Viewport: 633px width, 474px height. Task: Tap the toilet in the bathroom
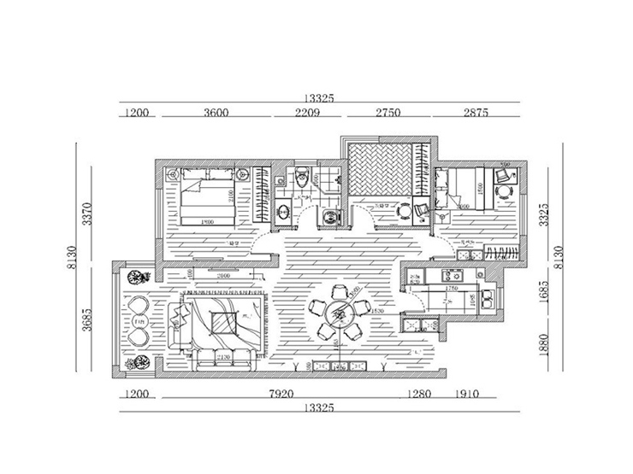tap(299, 178)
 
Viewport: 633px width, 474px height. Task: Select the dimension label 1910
tap(468, 395)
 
